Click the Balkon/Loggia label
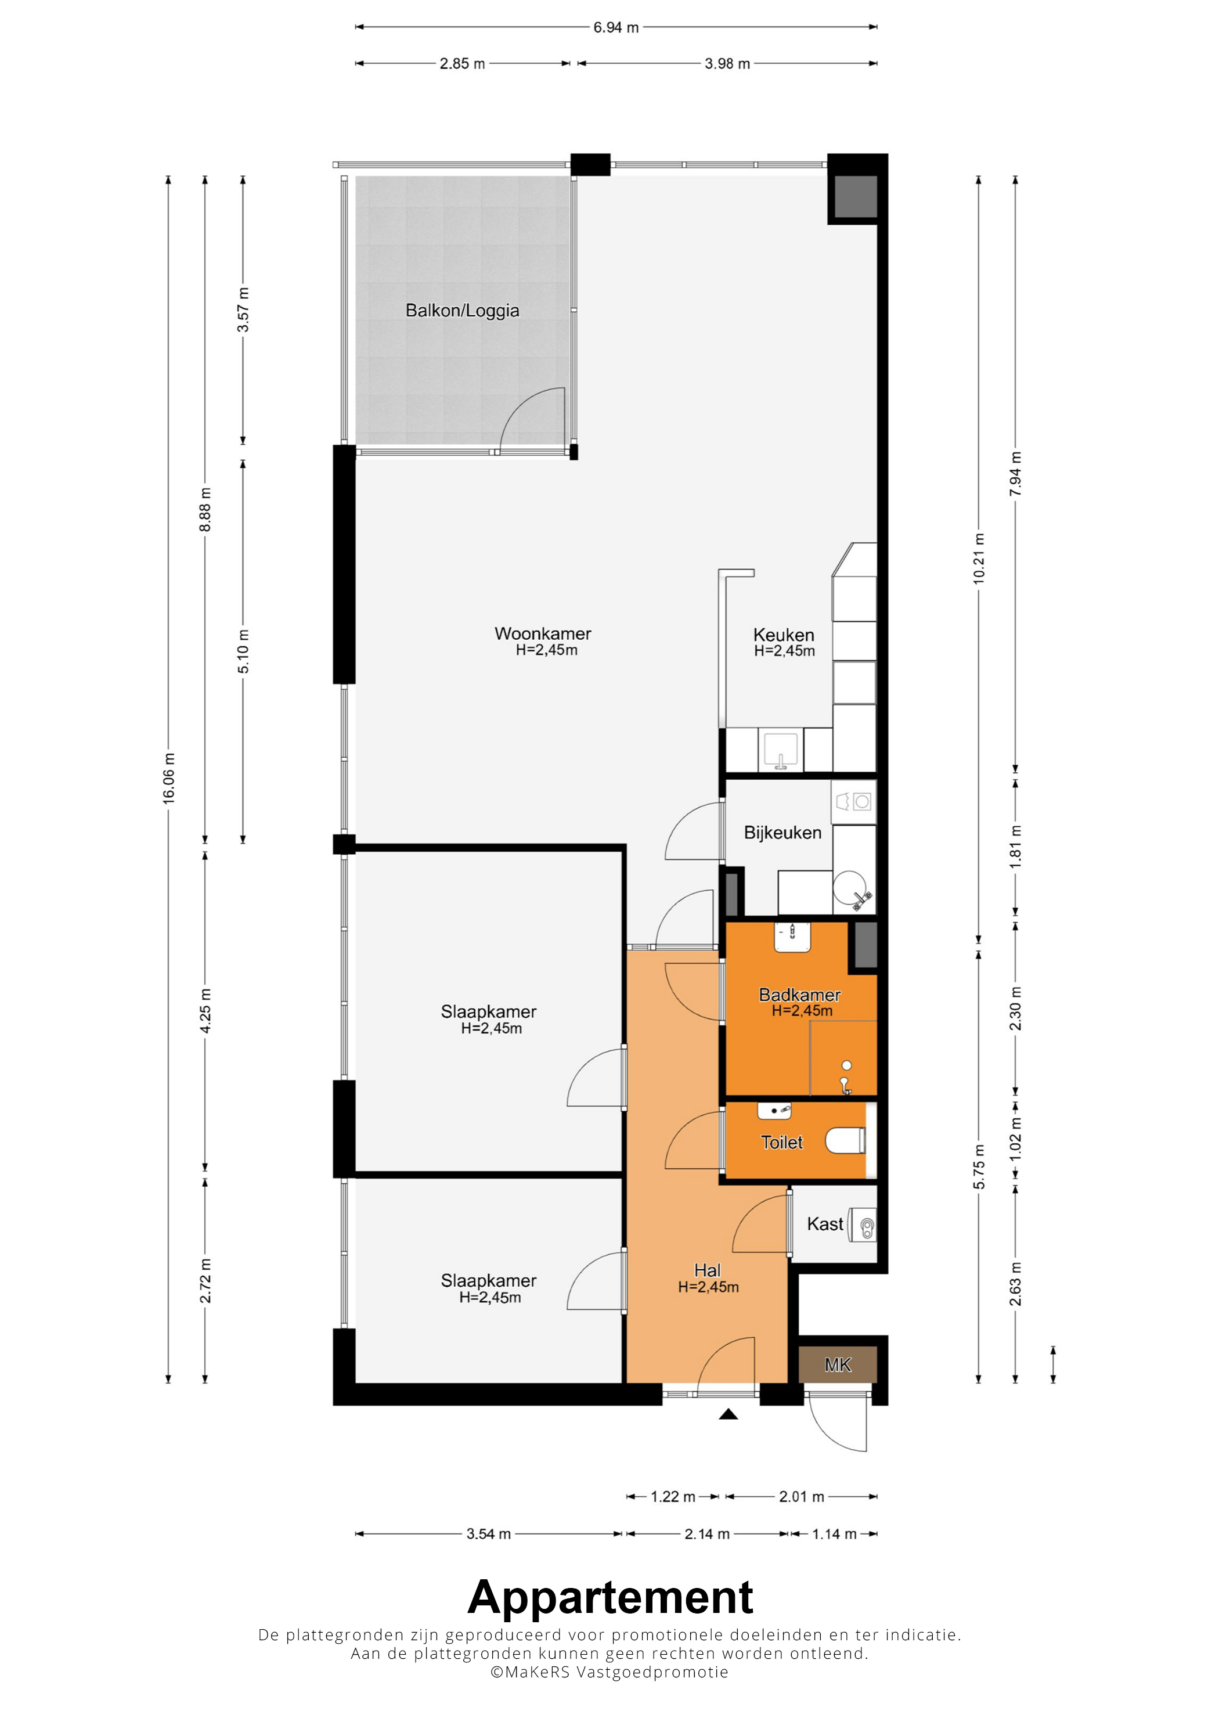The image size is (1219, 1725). click(x=462, y=310)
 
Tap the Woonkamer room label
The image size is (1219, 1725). click(x=543, y=633)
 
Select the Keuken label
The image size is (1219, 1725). click(x=784, y=635)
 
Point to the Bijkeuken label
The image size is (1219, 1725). click(x=782, y=833)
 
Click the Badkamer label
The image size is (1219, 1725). click(x=799, y=995)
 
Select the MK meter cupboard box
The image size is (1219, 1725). click(x=838, y=1364)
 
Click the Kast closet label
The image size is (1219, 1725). click(x=825, y=1224)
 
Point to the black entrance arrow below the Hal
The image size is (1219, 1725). click(x=728, y=1414)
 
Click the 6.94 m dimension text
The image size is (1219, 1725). click(x=616, y=28)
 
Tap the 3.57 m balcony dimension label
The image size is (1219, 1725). click(x=243, y=309)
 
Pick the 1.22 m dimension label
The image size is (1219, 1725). click(x=673, y=1497)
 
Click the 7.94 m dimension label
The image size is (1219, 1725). click(x=1015, y=473)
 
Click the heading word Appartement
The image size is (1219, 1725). click(x=610, y=1598)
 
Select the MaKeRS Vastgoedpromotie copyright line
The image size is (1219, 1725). click(x=609, y=1672)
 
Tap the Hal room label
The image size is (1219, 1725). click(x=708, y=1270)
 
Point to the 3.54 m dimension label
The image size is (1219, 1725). click(x=488, y=1534)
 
